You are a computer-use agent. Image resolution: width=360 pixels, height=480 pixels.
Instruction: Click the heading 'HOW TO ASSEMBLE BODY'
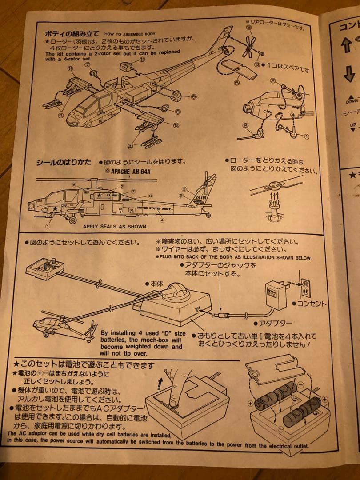pos(130,33)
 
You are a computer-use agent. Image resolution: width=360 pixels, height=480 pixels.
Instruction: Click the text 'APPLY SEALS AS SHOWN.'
pos(115,226)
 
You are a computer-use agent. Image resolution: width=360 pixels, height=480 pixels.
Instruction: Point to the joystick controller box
pos(45,268)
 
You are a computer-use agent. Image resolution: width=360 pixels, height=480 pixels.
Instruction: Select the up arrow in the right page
pos(347,45)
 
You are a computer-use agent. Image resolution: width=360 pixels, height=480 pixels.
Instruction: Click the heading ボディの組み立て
pos(72,33)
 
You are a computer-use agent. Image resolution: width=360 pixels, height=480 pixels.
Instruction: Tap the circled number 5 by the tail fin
pos(236,82)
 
